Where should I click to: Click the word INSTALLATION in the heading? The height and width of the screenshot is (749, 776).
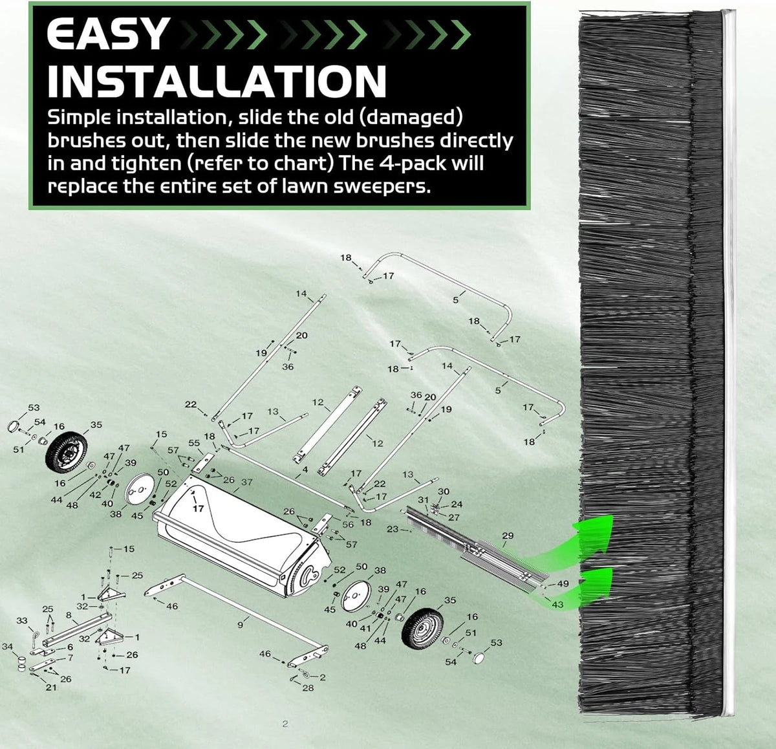pos(217,81)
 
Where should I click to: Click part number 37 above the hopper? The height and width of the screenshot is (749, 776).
pos(247,482)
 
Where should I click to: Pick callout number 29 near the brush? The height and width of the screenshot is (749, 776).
pos(508,535)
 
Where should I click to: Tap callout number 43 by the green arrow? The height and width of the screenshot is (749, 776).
pos(557,605)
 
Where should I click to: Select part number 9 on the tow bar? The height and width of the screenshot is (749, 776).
pos(240,625)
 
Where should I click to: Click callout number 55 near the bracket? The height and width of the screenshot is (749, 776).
pos(194,442)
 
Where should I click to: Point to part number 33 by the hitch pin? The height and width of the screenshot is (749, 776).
pos(22,620)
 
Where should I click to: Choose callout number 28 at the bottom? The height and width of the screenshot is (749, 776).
pos(308,688)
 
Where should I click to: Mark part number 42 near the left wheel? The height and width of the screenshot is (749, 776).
pos(95,495)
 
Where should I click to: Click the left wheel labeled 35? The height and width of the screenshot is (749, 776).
pos(66,453)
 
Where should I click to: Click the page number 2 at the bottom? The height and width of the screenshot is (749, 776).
pos(285,724)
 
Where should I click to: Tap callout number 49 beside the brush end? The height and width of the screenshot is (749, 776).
pos(563,583)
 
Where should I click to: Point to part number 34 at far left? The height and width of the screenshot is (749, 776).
pos(8,646)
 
